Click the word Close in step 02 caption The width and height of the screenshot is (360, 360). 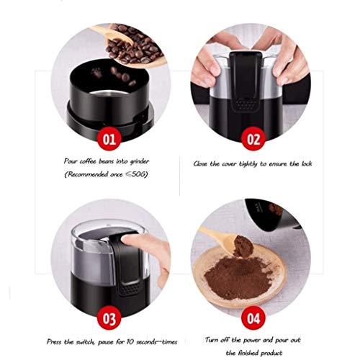click(x=204, y=163)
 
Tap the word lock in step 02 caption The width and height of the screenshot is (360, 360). click(x=324, y=163)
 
